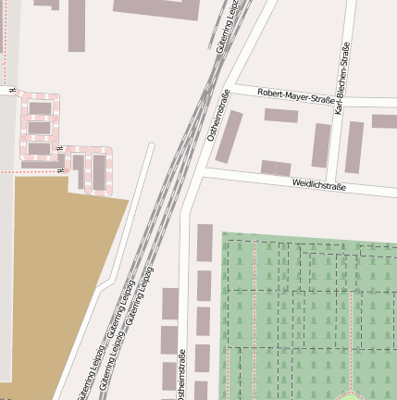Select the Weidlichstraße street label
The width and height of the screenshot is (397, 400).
[x=318, y=186]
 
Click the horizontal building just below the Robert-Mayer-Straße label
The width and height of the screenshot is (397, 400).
[x=280, y=116]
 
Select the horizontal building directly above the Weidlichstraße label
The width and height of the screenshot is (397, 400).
[x=276, y=168]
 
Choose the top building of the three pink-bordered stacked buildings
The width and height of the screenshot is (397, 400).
[x=40, y=108]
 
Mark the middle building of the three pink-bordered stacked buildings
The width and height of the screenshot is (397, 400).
[x=40, y=128]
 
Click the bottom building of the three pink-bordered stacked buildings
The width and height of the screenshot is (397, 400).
[x=40, y=147]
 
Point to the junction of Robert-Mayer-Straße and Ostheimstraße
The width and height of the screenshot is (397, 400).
[x=230, y=90]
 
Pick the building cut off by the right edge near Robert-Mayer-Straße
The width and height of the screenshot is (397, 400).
[x=384, y=120]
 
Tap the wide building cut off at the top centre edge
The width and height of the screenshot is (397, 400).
[x=156, y=8]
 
